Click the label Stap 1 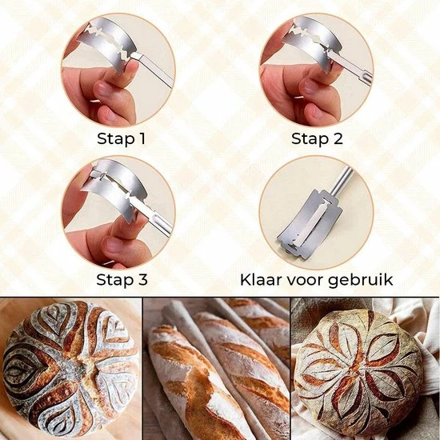[122, 138]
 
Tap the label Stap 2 [317, 138]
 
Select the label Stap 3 [122, 279]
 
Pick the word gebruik [360, 281]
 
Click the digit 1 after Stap [142, 138]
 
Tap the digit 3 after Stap [142, 279]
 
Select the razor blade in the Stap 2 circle [311, 42]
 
